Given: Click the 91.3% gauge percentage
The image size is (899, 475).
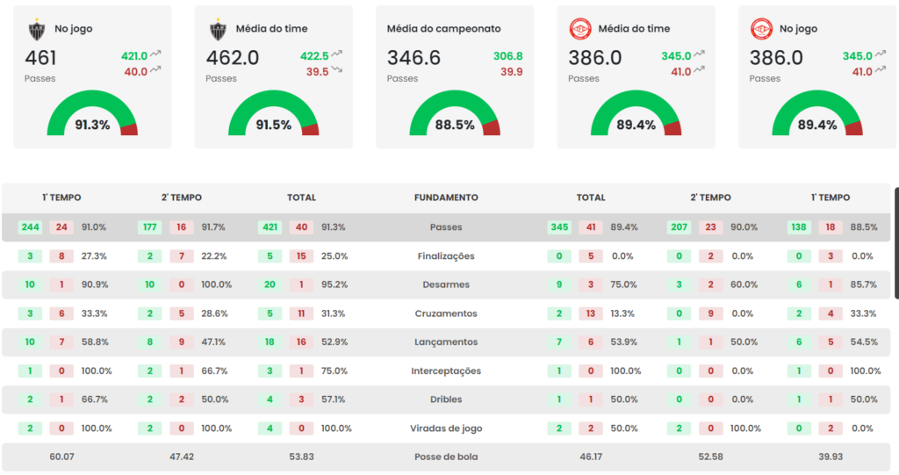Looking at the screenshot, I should (92, 125).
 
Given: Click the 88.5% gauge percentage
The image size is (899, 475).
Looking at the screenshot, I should (455, 125).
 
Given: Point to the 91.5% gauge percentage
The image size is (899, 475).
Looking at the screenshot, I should (273, 125).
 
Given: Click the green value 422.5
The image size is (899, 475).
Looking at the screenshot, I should (314, 55).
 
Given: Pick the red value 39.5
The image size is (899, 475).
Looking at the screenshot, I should (317, 72).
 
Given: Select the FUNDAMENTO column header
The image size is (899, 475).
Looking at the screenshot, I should (446, 198).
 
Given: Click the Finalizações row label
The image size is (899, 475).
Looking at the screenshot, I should (446, 256).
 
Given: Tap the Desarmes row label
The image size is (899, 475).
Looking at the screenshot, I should (446, 284).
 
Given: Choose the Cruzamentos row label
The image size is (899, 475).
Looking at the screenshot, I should (446, 313).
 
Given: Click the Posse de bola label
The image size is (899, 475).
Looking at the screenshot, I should (446, 457).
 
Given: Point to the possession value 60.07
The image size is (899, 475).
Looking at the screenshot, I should (61, 457).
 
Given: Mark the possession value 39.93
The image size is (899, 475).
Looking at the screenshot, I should (830, 457).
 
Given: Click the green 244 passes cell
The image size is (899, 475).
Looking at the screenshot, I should (31, 227).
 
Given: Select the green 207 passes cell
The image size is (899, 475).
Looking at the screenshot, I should (679, 227).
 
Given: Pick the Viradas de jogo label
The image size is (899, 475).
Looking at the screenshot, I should (446, 428).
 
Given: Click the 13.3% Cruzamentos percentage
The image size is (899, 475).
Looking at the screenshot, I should (622, 313).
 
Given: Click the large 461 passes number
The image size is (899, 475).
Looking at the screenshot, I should (40, 58).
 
